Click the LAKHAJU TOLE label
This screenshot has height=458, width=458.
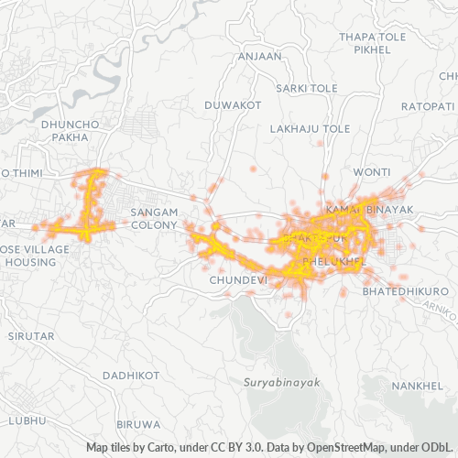(311, 129)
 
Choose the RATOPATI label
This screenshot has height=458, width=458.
(427, 107)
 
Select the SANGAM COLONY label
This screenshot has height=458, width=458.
(153, 218)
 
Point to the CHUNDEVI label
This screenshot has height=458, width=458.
(237, 278)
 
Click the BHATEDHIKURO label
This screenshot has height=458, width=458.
(406, 290)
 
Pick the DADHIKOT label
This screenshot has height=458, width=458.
(132, 376)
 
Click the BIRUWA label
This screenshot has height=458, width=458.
(140, 425)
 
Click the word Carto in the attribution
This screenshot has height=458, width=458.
(153, 448)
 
